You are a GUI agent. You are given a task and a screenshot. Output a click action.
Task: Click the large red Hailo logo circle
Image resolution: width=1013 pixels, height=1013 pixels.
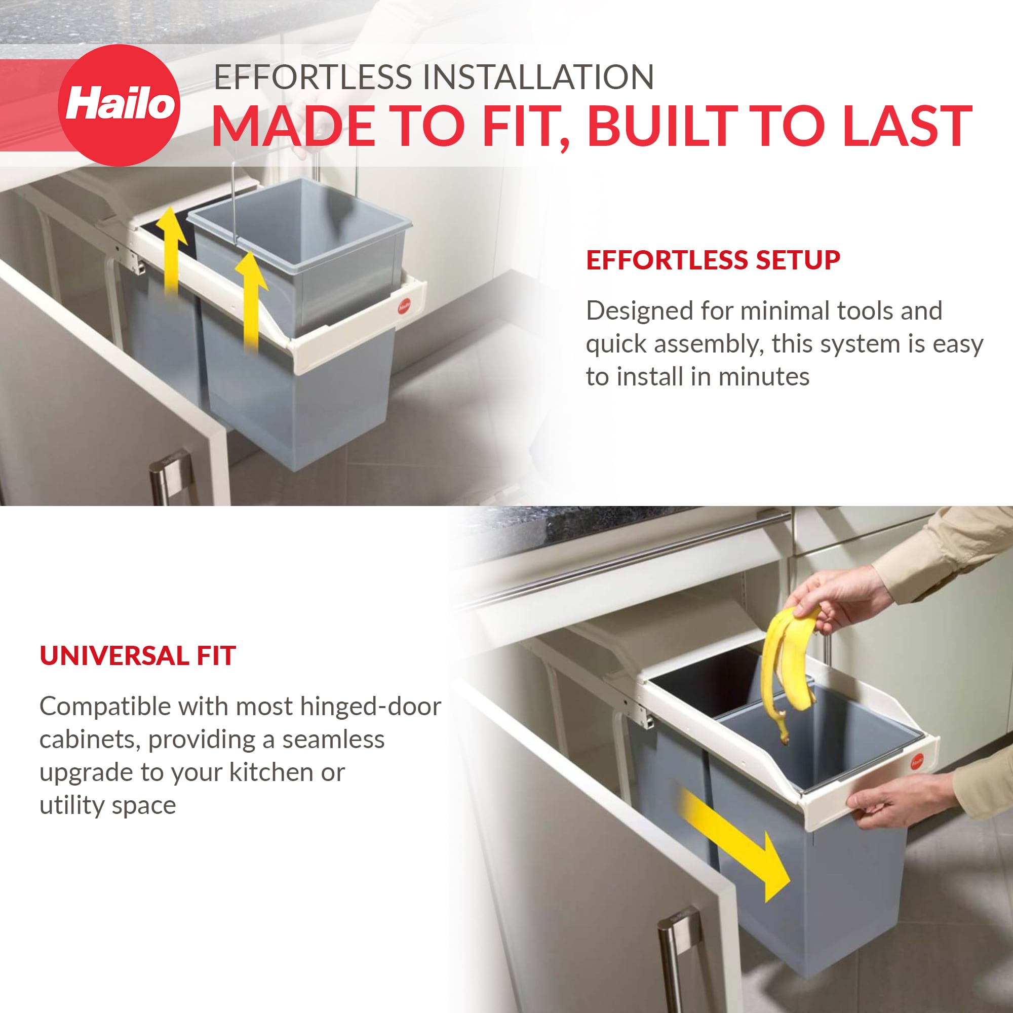click(119, 105)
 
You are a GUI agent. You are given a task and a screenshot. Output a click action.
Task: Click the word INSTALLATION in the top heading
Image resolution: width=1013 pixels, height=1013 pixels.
click(538, 77)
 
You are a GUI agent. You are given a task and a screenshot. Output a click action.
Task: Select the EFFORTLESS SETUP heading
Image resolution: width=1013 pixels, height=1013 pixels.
click(713, 260)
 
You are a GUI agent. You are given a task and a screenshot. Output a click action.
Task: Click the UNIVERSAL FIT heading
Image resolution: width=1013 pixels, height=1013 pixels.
click(138, 656)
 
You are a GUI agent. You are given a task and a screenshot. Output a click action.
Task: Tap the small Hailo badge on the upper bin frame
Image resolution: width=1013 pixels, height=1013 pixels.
click(404, 306)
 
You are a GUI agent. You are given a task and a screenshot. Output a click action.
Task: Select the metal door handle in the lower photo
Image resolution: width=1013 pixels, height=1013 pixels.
click(676, 959)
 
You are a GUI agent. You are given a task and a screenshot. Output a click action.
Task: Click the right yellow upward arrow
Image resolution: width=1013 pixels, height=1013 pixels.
click(251, 299)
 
